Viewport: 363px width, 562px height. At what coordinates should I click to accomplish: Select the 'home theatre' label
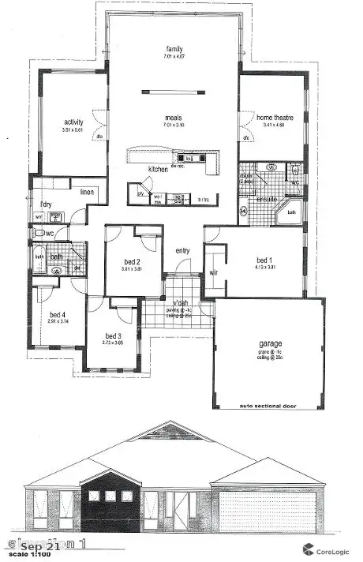(274, 118)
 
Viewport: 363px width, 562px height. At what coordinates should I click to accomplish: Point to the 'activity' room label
(73, 122)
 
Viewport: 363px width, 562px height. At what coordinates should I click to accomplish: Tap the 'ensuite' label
(265, 200)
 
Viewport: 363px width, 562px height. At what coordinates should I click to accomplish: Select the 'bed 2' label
(133, 261)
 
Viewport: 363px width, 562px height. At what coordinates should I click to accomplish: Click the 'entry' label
(183, 251)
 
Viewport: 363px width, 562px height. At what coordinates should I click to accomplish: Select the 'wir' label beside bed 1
(213, 272)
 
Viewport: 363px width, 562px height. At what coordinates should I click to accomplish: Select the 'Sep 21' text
(38, 543)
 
